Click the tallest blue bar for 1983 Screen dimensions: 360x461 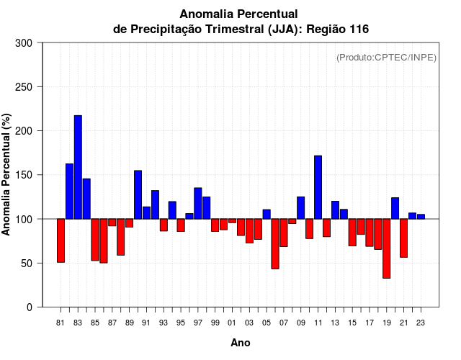tap(78, 167)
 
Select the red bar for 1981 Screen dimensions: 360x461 tap(61, 240)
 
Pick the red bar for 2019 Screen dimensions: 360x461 tap(387, 248)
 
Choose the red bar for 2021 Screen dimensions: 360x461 tap(403, 238)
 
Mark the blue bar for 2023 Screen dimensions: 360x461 tap(421, 217)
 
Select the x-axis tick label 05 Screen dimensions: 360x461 tap(267, 323)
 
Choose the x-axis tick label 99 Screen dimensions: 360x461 tap(215, 323)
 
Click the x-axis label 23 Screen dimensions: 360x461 tap(421, 323)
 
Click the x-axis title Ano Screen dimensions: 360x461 tap(241, 343)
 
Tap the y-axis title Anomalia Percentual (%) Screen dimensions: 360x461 tap(6, 175)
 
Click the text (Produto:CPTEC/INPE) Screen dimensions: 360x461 tap(387, 58)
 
